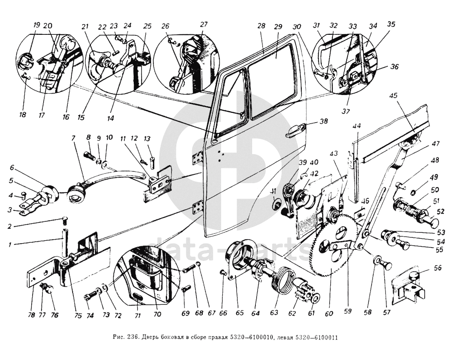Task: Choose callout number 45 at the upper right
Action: click(393, 95)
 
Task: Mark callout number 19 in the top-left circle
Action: click(36, 25)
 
